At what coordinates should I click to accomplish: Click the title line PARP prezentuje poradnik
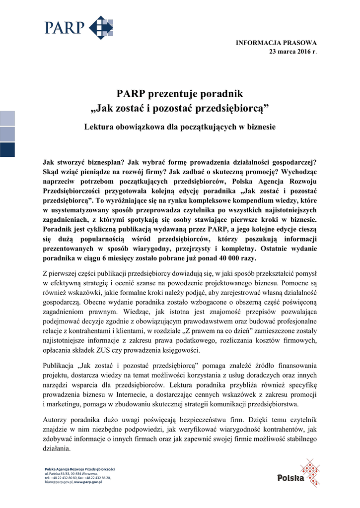(x=180, y=94)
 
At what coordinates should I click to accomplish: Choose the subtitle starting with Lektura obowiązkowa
(x=180, y=127)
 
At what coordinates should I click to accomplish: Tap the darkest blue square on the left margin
(x=7, y=149)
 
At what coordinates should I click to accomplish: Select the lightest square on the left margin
(x=7, y=118)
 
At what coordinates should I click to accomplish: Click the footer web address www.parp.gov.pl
(x=88, y=482)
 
